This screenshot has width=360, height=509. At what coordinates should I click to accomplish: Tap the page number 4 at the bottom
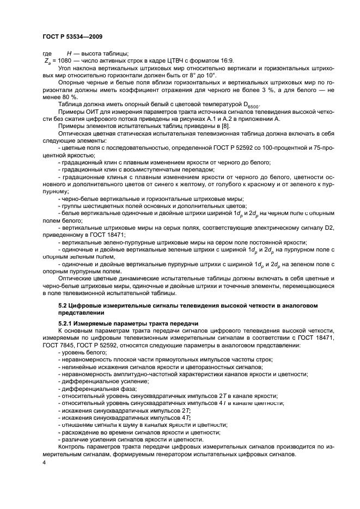[x=45, y=462]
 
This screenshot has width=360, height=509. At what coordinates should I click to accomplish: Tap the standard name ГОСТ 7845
[x=78, y=338]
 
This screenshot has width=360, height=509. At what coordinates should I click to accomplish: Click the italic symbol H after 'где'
[x=69, y=53]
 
